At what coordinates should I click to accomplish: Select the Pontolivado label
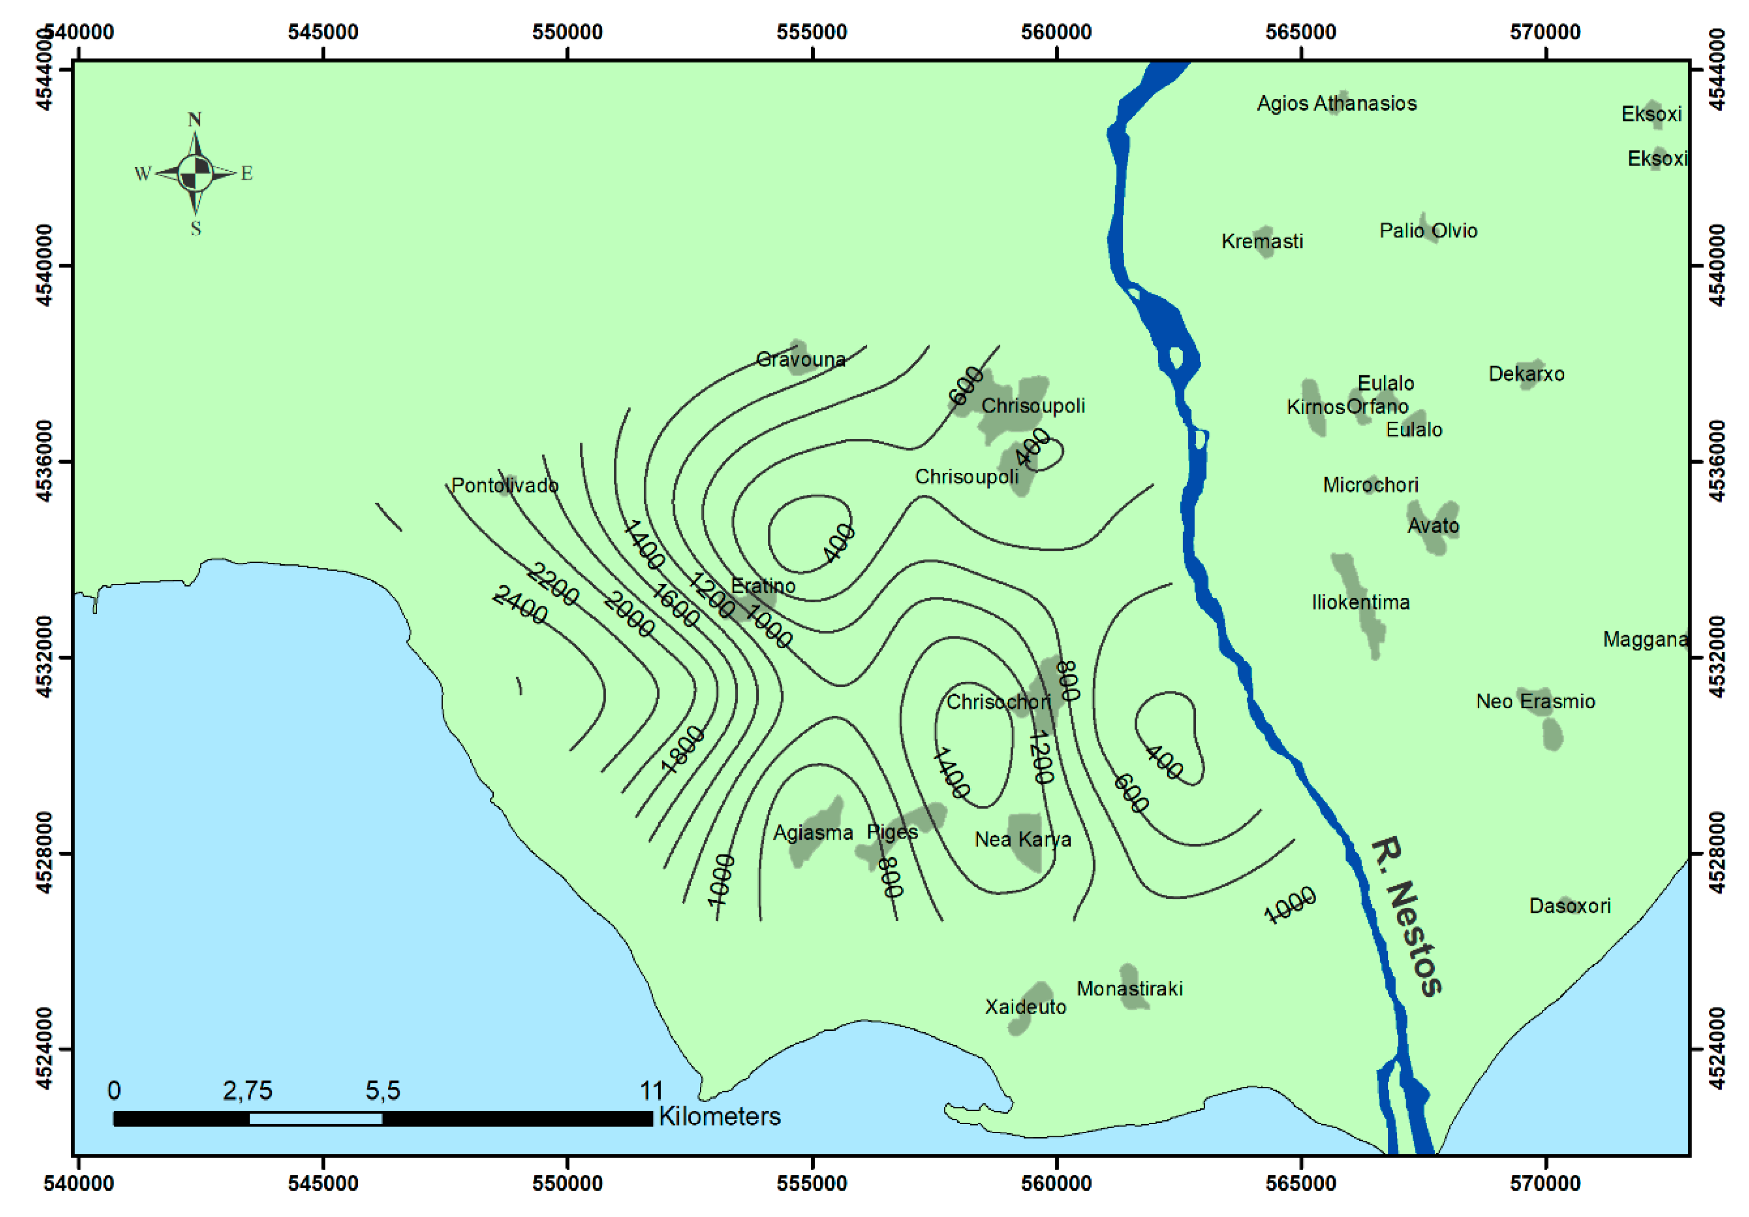(504, 485)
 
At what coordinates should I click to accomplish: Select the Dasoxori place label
(1569, 905)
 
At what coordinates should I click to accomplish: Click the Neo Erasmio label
(1535, 701)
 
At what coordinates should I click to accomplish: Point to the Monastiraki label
(1129, 988)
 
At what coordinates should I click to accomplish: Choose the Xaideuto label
(1025, 1007)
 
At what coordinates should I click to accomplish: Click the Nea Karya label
(1022, 839)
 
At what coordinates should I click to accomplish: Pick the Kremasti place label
(1262, 242)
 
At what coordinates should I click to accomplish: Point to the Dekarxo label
(1526, 373)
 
